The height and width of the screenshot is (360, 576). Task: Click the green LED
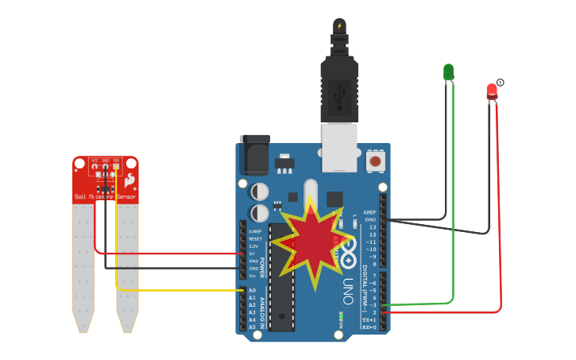point(448,72)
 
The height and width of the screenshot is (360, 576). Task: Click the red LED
point(492,91)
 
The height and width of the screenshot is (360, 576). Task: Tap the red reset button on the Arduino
point(375,161)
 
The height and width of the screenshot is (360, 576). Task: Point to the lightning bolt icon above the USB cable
point(340,25)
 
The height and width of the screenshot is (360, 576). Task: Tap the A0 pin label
point(252,290)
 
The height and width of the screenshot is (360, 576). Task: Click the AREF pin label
point(369,212)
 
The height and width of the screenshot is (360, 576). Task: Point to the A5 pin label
point(252,327)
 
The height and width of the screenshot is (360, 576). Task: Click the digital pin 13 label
point(372,227)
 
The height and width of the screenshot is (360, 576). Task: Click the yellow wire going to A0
point(183,290)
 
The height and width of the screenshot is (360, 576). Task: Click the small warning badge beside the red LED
point(501,83)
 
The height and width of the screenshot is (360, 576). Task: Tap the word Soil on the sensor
point(80,196)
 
